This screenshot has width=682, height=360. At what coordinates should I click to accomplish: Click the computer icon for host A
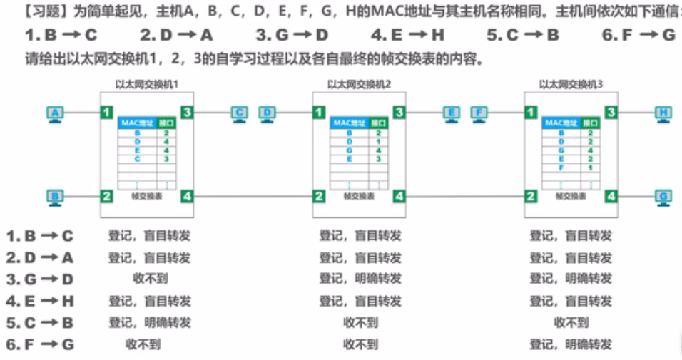[55, 113]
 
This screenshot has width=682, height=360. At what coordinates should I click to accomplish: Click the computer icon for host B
[55, 197]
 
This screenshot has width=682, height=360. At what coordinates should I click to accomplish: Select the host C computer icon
[240, 113]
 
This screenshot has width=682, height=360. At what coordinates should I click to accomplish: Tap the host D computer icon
[267, 113]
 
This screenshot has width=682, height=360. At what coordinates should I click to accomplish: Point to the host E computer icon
[452, 113]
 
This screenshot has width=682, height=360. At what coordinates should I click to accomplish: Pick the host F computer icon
[479, 113]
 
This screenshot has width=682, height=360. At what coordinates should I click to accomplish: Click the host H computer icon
[663, 113]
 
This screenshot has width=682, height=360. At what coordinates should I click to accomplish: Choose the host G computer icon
[663, 197]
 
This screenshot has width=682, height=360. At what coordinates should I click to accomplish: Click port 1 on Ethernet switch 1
[106, 112]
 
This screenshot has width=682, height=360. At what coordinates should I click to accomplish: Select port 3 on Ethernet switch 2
[399, 112]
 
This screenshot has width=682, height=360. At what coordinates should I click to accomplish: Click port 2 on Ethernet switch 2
[319, 196]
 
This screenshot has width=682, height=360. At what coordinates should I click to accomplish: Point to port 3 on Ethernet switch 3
[611, 112]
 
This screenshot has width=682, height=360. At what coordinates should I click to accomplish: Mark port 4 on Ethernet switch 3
[611, 196]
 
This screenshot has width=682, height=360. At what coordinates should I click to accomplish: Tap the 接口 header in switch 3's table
[589, 123]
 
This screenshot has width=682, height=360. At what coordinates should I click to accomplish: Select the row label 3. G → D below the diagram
[40, 279]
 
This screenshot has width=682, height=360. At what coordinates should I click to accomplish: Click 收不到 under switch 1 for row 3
[150, 279]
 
